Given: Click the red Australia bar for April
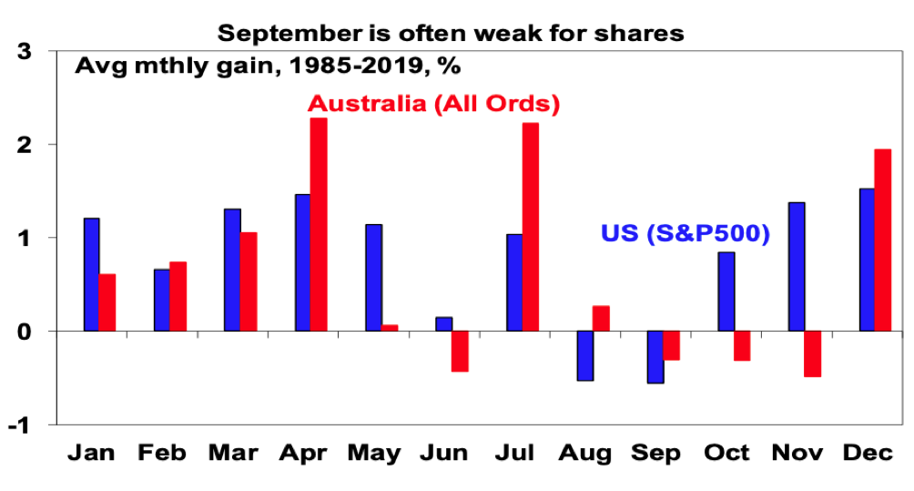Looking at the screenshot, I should pos(318,224).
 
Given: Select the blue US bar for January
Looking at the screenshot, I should pos(91,274).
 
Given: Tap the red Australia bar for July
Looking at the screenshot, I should pos(531,227).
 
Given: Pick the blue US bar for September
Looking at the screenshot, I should pos(655,357).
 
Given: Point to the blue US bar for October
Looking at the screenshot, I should pos(726,292).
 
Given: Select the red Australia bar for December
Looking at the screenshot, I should pos(883,240).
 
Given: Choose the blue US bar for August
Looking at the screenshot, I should pos(584,355).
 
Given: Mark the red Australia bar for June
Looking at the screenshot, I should pos(460,351).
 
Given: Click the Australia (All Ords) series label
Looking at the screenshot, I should pos(433,103).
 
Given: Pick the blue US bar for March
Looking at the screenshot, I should pos(232,270).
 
